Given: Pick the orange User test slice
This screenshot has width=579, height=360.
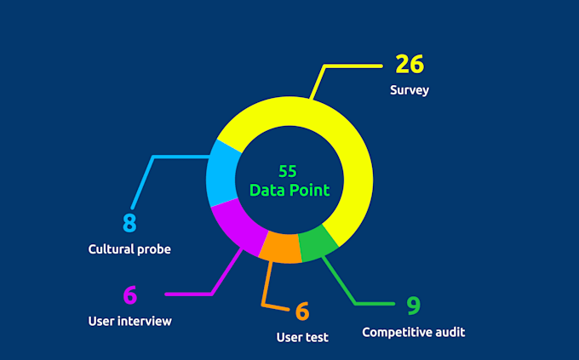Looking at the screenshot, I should (x=280, y=248).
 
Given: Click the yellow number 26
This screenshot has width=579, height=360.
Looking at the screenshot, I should (x=409, y=65).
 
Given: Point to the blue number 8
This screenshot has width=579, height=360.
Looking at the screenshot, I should (x=129, y=223).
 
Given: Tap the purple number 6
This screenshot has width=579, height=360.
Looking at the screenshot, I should (x=129, y=295).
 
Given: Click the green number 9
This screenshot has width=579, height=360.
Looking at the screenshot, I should (x=413, y=305).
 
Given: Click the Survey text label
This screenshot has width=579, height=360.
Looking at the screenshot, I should (x=410, y=89).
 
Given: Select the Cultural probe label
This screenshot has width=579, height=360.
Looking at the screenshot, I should (x=129, y=249).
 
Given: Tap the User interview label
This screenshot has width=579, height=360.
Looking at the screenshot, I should (x=129, y=321).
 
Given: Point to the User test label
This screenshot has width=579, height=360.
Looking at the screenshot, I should (x=302, y=337).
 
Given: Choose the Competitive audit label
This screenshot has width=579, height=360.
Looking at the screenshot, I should (x=414, y=332).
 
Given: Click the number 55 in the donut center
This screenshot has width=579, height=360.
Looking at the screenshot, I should (x=288, y=171).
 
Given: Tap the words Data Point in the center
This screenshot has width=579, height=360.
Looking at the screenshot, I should (x=289, y=189).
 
